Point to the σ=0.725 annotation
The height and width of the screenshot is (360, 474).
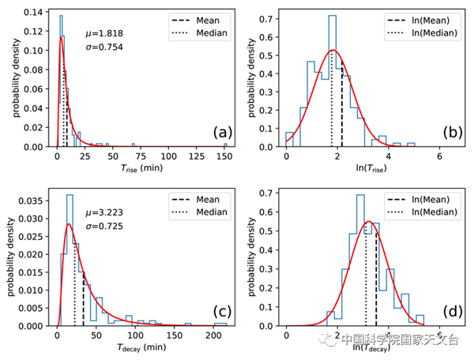(x=103, y=230)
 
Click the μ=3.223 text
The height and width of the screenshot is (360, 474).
(x=103, y=214)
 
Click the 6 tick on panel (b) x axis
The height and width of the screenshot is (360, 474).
(x=439, y=156)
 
